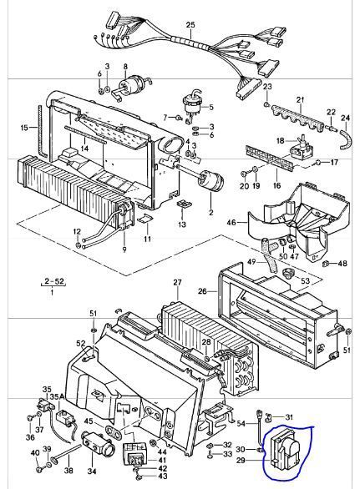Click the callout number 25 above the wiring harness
[x=190, y=25]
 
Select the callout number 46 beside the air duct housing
[x=231, y=223]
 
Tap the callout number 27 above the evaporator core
[x=177, y=283]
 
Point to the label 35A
[x=57, y=396]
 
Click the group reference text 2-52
[x=53, y=281]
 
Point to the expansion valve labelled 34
[x=98, y=443]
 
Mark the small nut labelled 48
[x=326, y=264]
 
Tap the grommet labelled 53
[x=286, y=274]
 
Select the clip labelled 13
[x=184, y=204]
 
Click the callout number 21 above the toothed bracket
[x=301, y=100]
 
